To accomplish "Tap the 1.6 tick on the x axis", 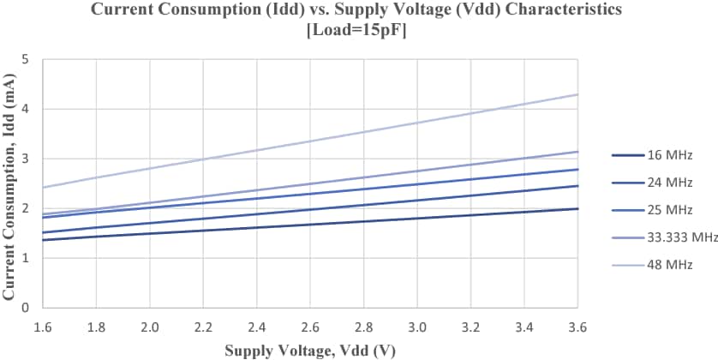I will coord(43,327).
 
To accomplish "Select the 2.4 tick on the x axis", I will coord(257,327).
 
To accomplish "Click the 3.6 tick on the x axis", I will coord(578,327).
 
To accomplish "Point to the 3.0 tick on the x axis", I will coord(417,327).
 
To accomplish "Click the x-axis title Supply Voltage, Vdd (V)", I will coord(310,350).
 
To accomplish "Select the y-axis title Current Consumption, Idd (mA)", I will coord(10,183).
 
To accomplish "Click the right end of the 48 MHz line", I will coord(578,94).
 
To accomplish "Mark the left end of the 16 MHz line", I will coord(43,240).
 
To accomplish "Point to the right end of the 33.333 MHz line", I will coord(578,152).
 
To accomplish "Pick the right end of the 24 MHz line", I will coord(578,186).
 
